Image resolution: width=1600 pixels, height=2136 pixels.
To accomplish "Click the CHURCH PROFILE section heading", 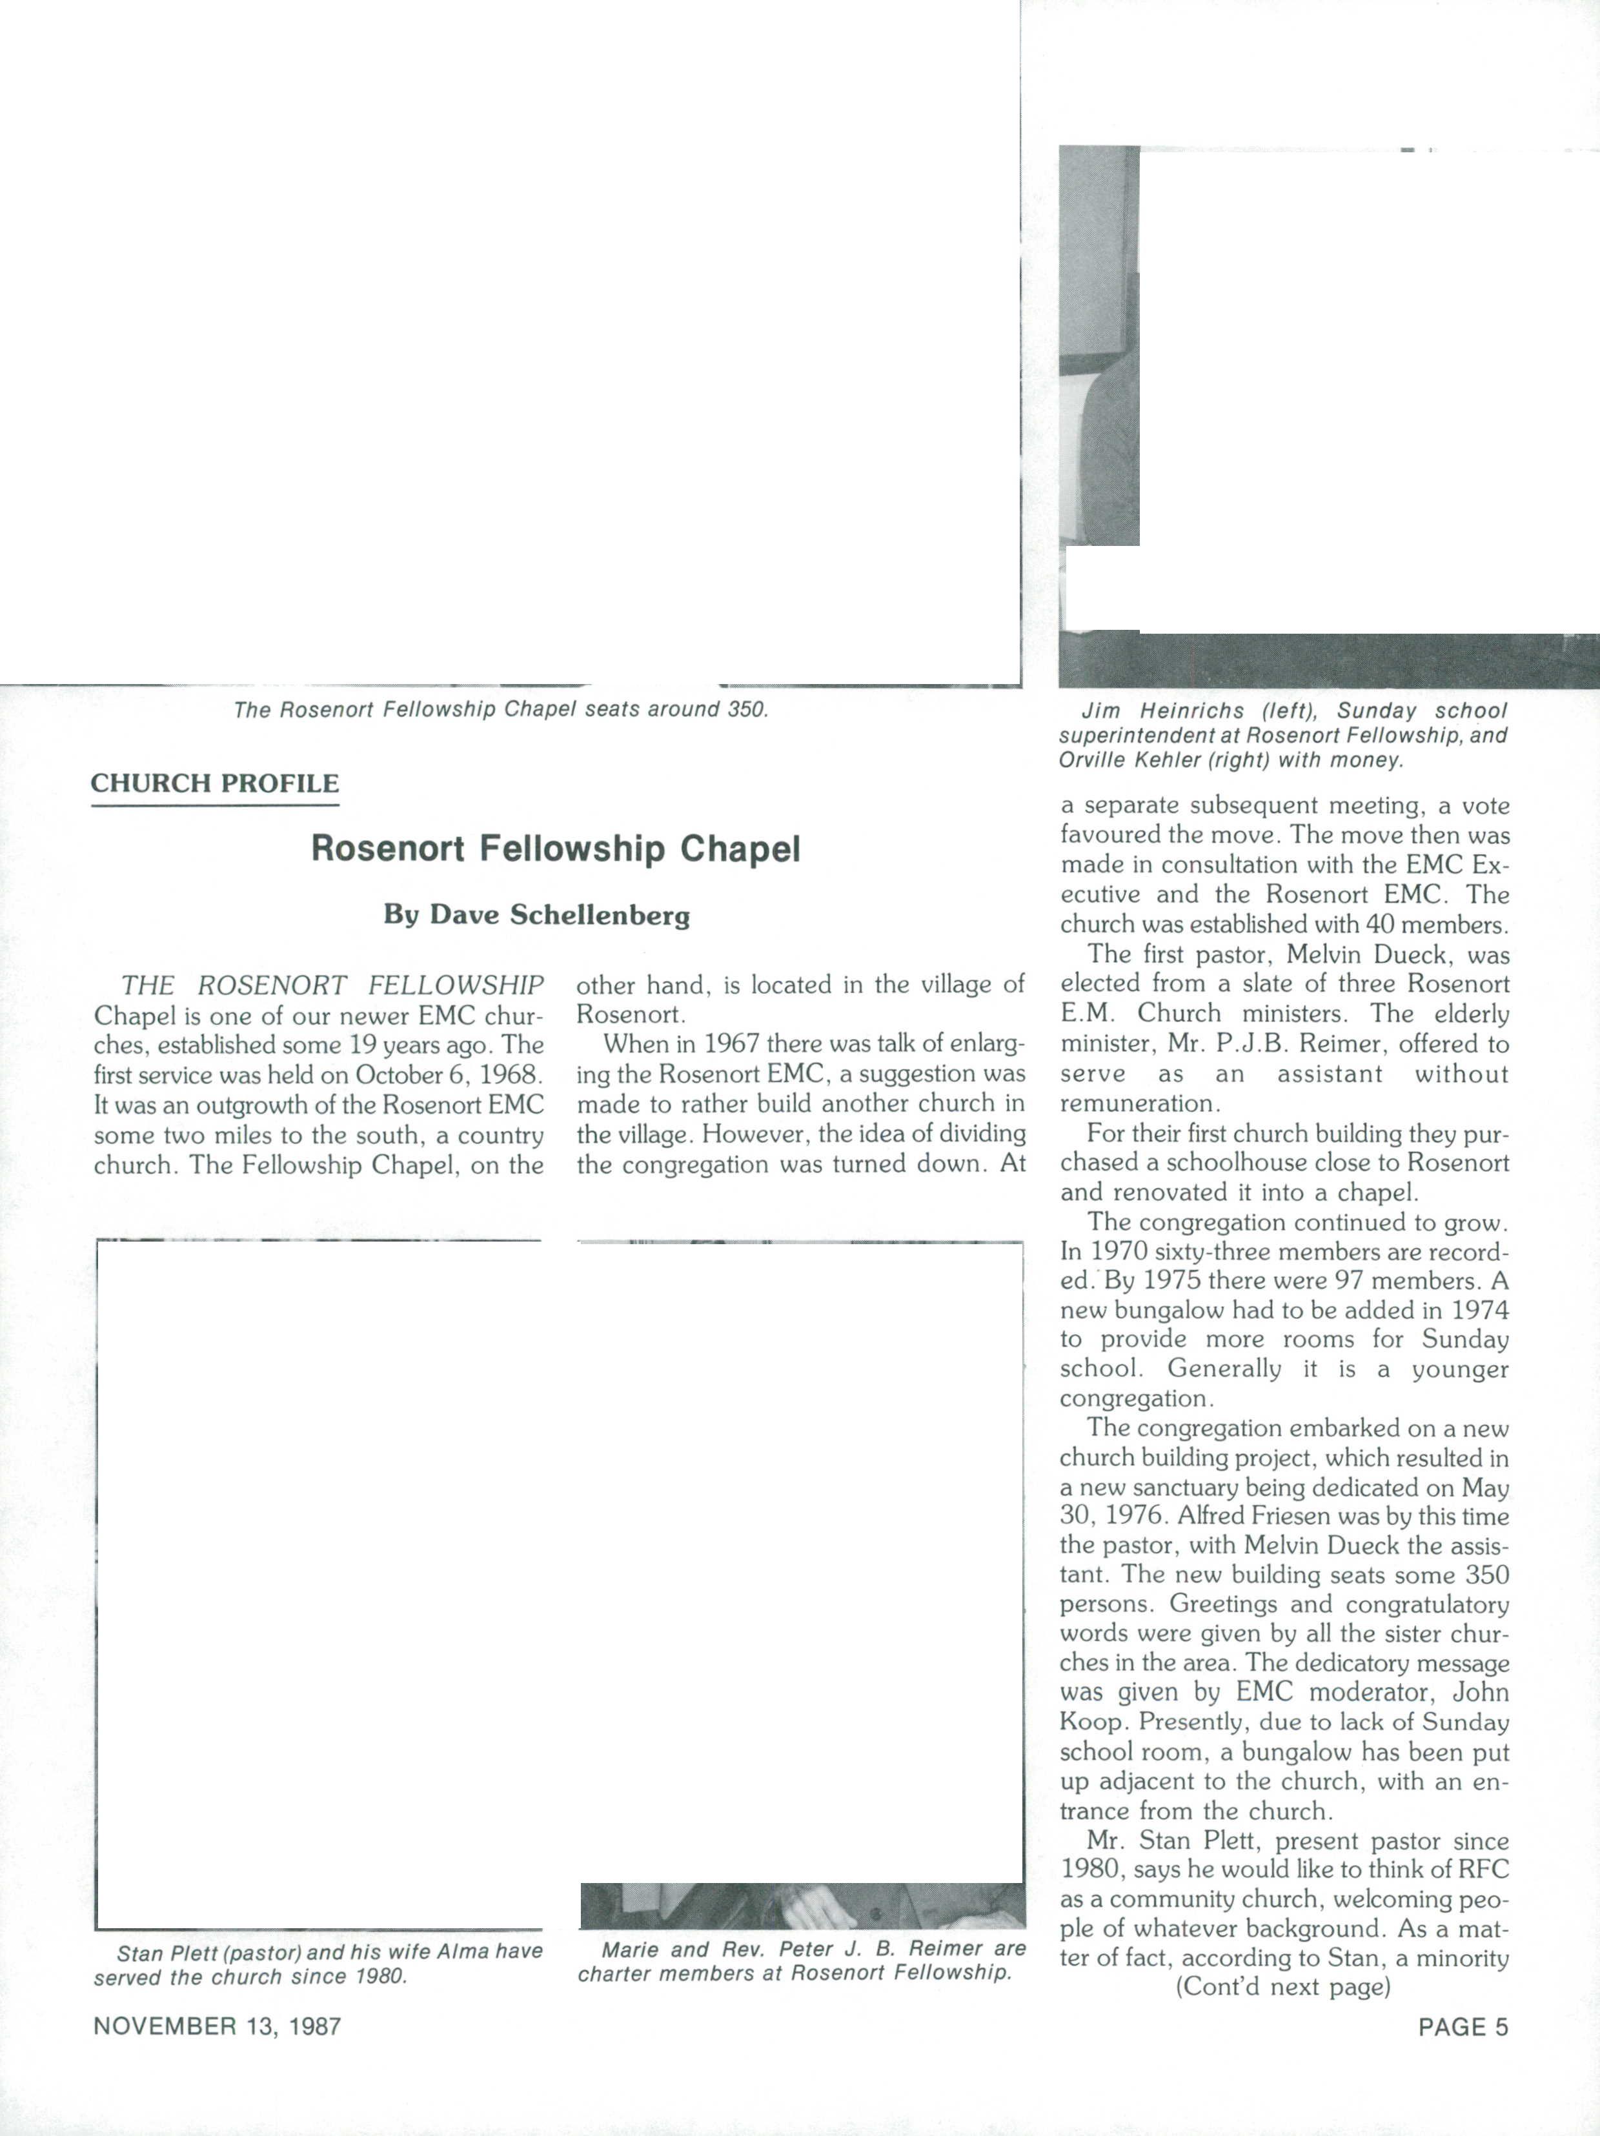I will coord(214,783).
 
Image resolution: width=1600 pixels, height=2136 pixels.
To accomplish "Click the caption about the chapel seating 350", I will coord(500,710).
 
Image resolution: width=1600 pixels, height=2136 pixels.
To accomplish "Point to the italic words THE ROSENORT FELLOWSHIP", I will coord(332,986).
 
